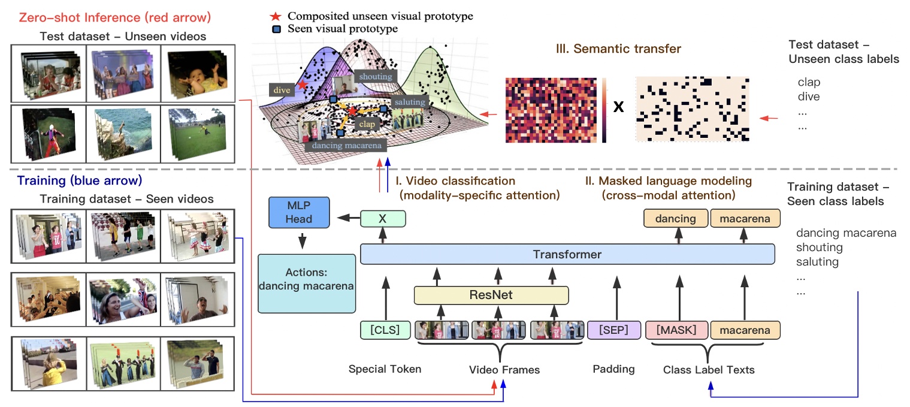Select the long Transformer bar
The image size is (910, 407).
point(567,255)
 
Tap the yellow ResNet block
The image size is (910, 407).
point(491,295)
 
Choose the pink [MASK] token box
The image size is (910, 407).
point(676,330)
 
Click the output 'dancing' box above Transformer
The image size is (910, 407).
point(676,219)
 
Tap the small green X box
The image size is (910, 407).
point(383,219)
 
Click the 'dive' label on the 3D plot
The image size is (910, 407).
point(281,91)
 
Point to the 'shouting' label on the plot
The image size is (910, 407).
point(375,76)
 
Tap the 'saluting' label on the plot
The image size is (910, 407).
point(410,102)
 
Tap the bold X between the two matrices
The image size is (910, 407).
point(619,108)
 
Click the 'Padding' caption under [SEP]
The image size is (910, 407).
point(613,369)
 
